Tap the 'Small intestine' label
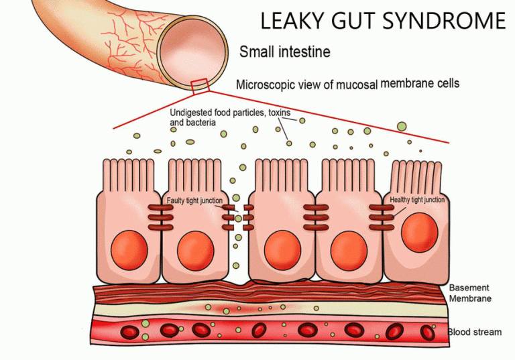pyautogui.click(x=284, y=52)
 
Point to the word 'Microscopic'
pyautogui.click(x=268, y=85)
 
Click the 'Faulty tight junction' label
pyautogui.click(x=194, y=200)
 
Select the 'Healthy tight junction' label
pyautogui.click(x=416, y=200)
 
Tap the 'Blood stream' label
pyautogui.click(x=475, y=331)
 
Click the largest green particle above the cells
pyautogui.click(x=402, y=126)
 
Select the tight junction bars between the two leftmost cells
pyautogui.click(x=160, y=218)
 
